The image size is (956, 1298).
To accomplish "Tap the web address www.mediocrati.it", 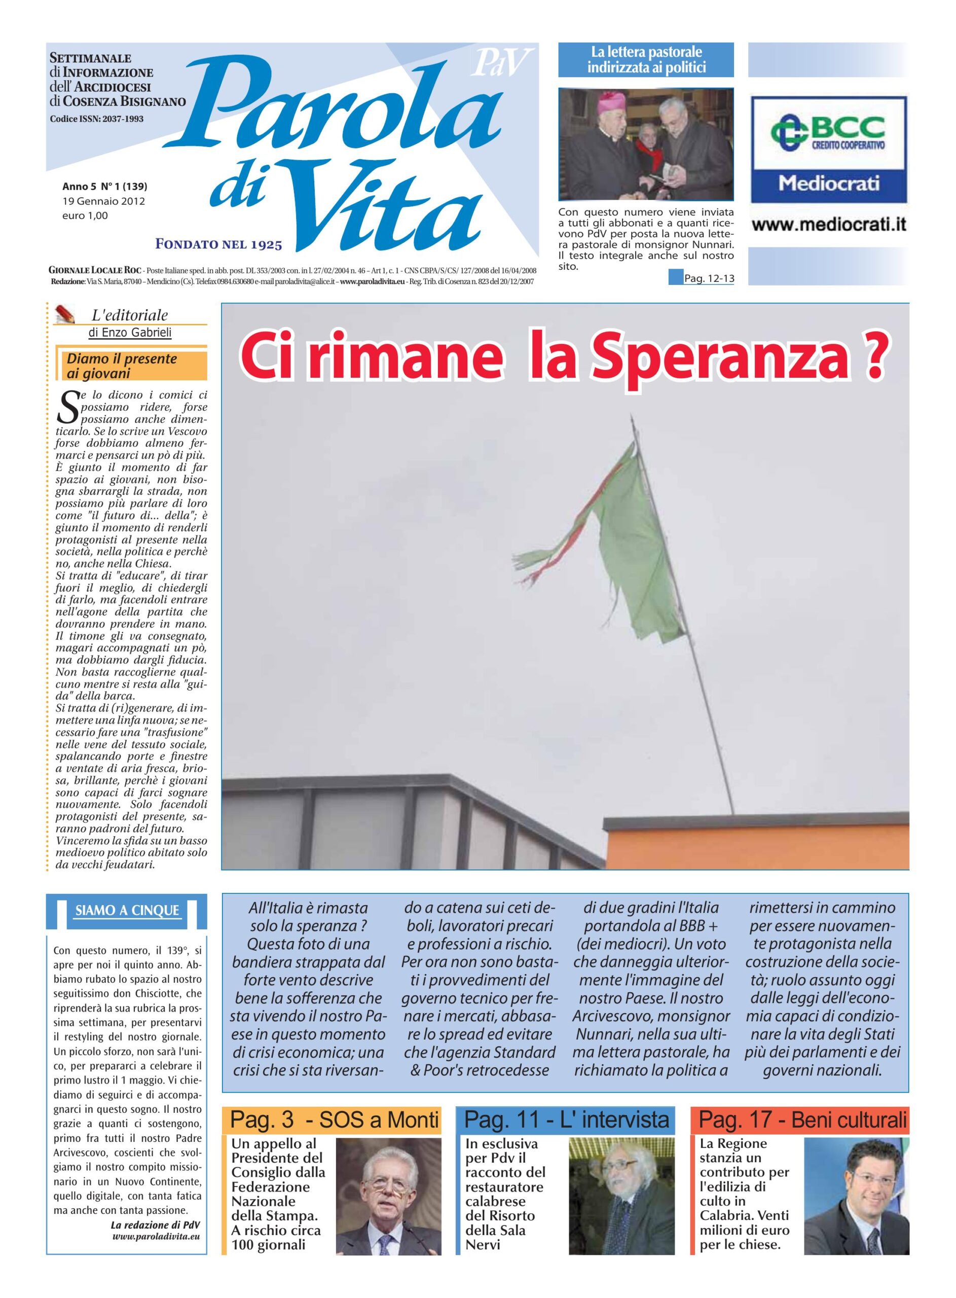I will pyautogui.click(x=829, y=224).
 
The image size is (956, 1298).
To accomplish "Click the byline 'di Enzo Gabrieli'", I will pyautogui.click(x=130, y=333).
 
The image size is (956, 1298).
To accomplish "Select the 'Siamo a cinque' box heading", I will pyautogui.click(x=127, y=910).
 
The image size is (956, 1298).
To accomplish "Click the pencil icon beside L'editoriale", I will pyautogui.click(x=65, y=314).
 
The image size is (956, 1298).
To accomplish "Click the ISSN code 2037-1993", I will pyautogui.click(x=97, y=119).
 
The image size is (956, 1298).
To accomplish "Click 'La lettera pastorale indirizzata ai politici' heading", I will pyautogui.click(x=646, y=60).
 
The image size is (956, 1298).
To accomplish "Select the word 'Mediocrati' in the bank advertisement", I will pyautogui.click(x=829, y=184).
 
